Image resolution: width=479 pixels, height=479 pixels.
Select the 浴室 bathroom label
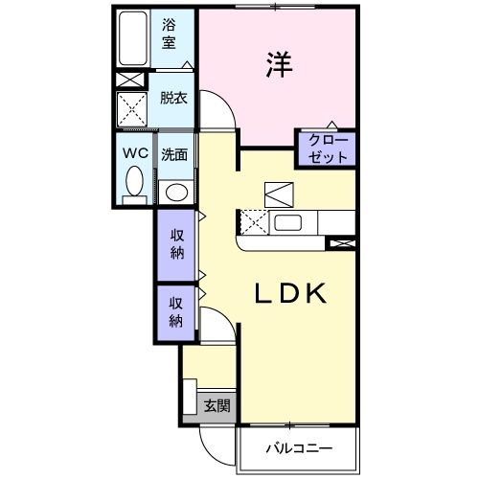pyautogui.click(x=170, y=35)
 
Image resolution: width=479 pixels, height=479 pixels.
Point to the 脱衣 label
pyautogui.click(x=173, y=97)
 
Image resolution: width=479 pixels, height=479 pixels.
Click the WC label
pyautogui.click(x=134, y=152)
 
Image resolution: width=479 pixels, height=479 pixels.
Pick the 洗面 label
pyautogui.click(x=173, y=153)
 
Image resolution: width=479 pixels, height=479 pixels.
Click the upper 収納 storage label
pyautogui.click(x=177, y=244)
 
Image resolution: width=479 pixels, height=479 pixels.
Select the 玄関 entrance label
pyautogui.click(x=217, y=405)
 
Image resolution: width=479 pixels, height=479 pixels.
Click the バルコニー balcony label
pyautogui.click(x=298, y=447)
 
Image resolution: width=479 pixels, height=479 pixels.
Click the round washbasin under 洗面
pyautogui.click(x=174, y=189)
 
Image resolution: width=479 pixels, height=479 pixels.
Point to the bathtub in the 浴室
pyautogui.click(x=132, y=40)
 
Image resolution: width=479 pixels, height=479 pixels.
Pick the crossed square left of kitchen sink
pyautogui.click(x=255, y=223)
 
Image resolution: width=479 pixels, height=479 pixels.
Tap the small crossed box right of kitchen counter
pyautogui.click(x=341, y=242)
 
